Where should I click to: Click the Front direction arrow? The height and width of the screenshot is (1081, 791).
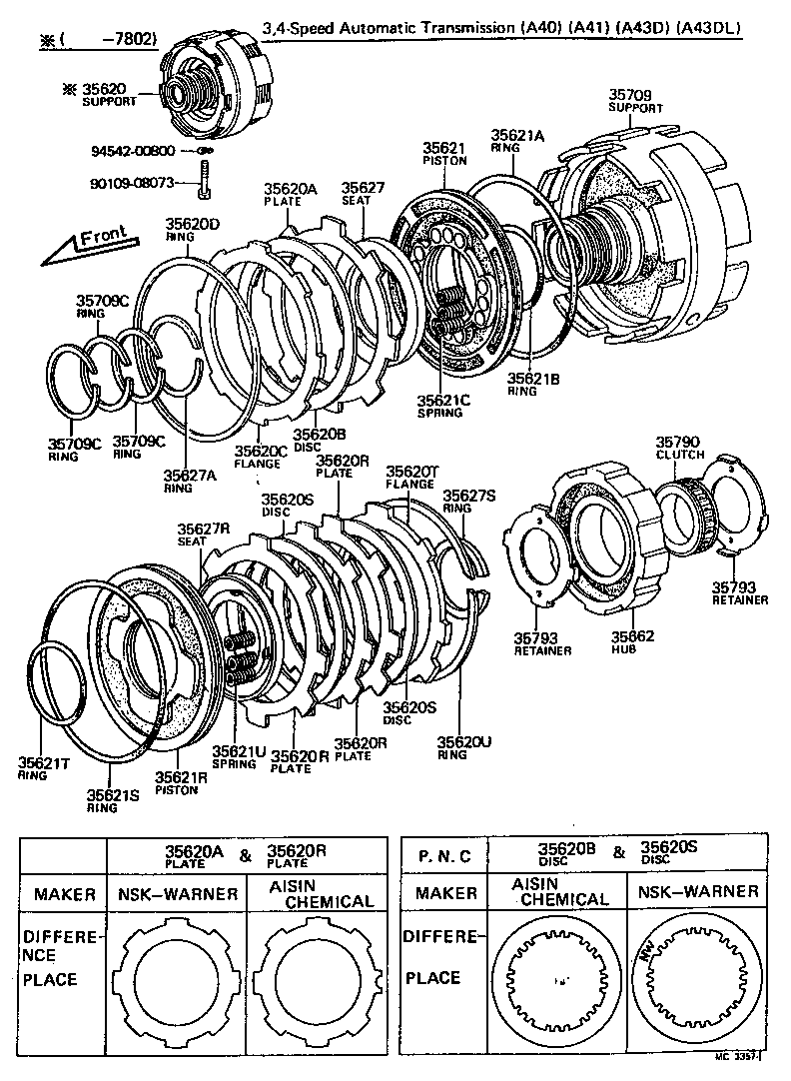(88, 244)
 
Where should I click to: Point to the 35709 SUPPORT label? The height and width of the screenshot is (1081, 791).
(635, 101)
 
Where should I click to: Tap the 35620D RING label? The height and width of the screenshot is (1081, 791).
(192, 230)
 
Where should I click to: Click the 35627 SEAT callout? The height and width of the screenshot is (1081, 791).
(357, 193)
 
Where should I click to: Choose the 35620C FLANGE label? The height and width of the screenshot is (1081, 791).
(261, 457)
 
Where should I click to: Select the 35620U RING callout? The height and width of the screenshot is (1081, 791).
(464, 747)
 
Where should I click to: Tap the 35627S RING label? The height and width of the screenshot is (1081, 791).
(468, 501)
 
